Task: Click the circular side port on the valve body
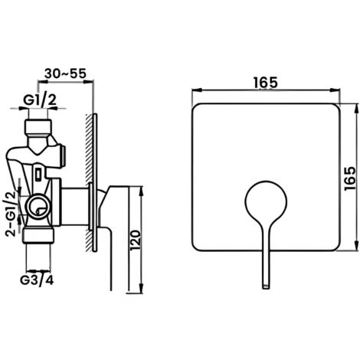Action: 36,205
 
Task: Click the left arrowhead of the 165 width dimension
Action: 191,93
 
